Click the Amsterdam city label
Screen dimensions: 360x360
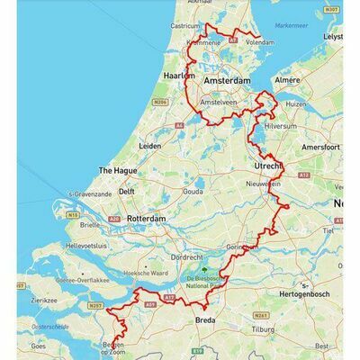click(x=227, y=81)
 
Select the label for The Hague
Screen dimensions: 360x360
click(x=117, y=169)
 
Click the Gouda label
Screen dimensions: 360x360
click(x=190, y=192)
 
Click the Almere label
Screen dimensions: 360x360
click(x=285, y=80)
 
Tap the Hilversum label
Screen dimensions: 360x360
click(x=276, y=126)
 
